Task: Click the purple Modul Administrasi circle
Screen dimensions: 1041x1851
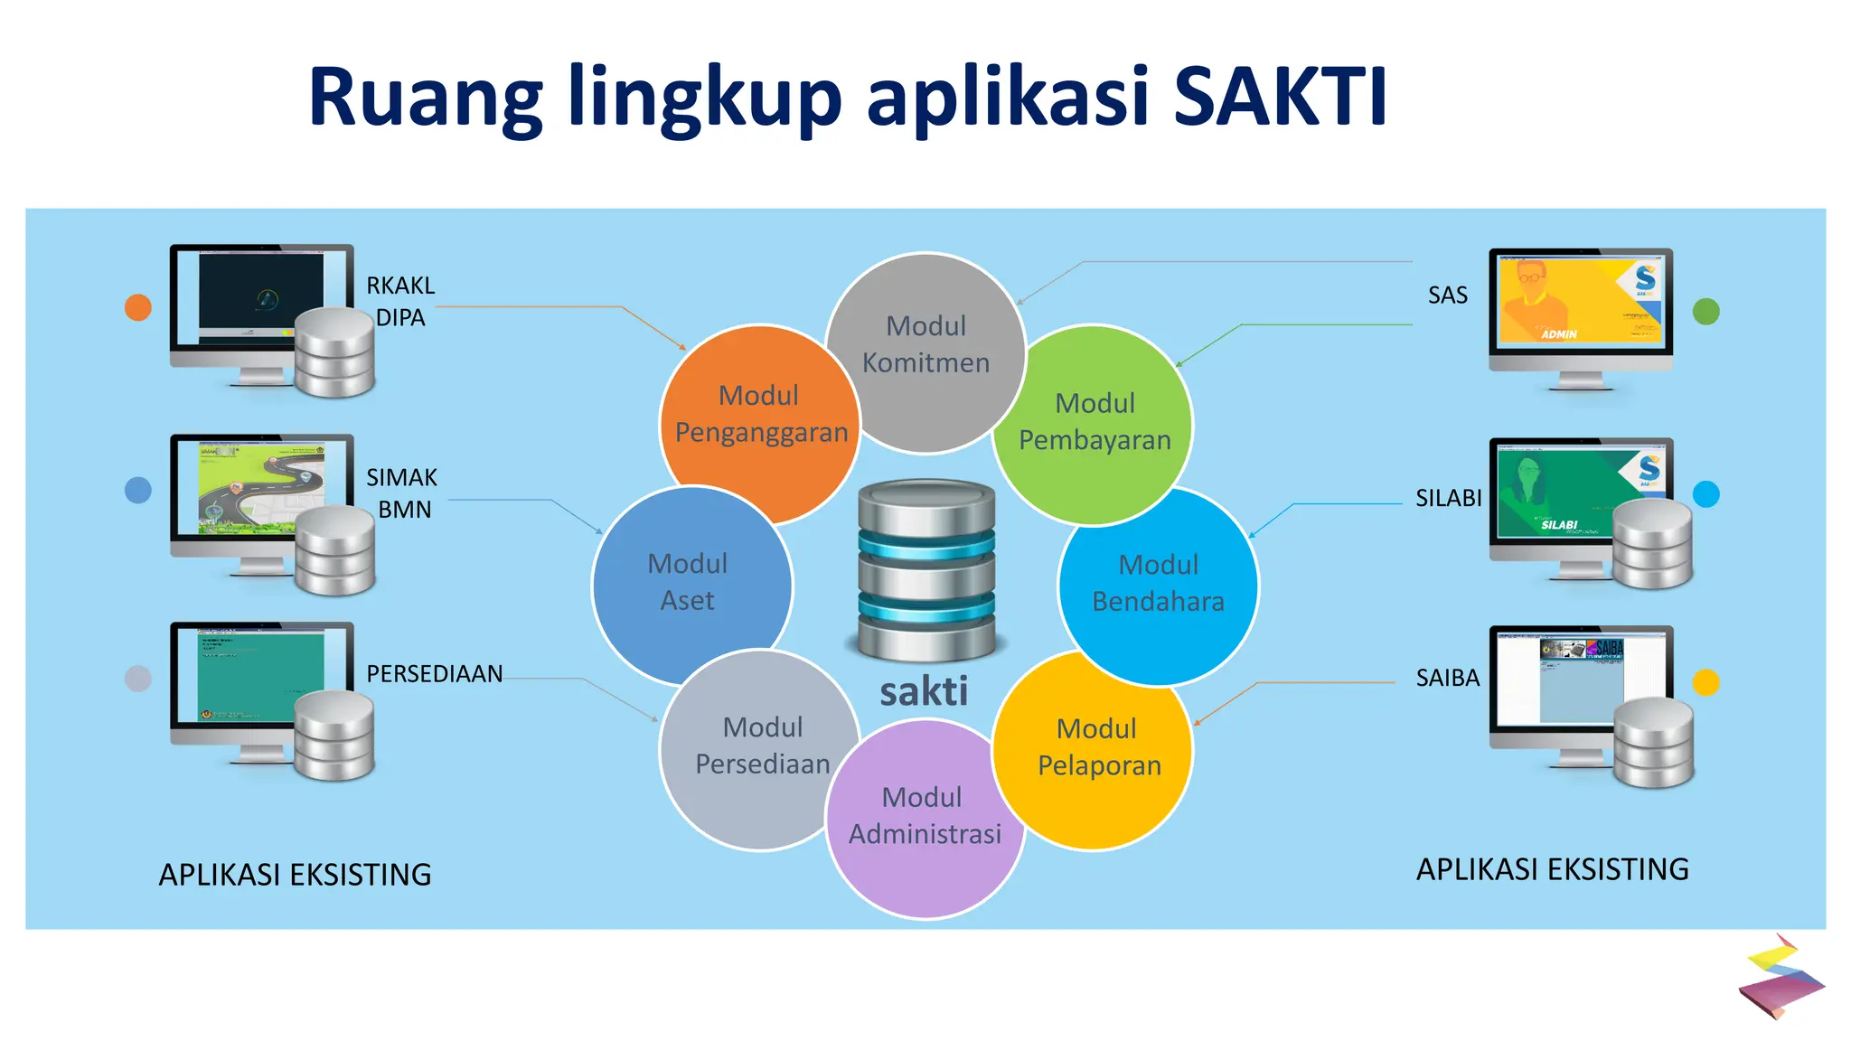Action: [x=924, y=822]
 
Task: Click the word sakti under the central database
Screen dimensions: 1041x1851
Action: [x=924, y=692]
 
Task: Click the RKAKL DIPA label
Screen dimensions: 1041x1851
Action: [x=400, y=302]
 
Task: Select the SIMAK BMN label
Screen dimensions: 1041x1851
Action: [x=402, y=493]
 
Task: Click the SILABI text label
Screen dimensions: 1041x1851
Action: [x=1448, y=499]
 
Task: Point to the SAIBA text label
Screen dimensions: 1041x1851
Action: [x=1447, y=679]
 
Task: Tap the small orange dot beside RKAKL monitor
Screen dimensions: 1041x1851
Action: [x=137, y=307]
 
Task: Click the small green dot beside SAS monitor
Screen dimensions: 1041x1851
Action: [x=1705, y=312]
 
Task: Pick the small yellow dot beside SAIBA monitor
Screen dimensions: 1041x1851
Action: [x=1705, y=682]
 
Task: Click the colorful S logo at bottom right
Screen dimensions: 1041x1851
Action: [x=1781, y=978]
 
